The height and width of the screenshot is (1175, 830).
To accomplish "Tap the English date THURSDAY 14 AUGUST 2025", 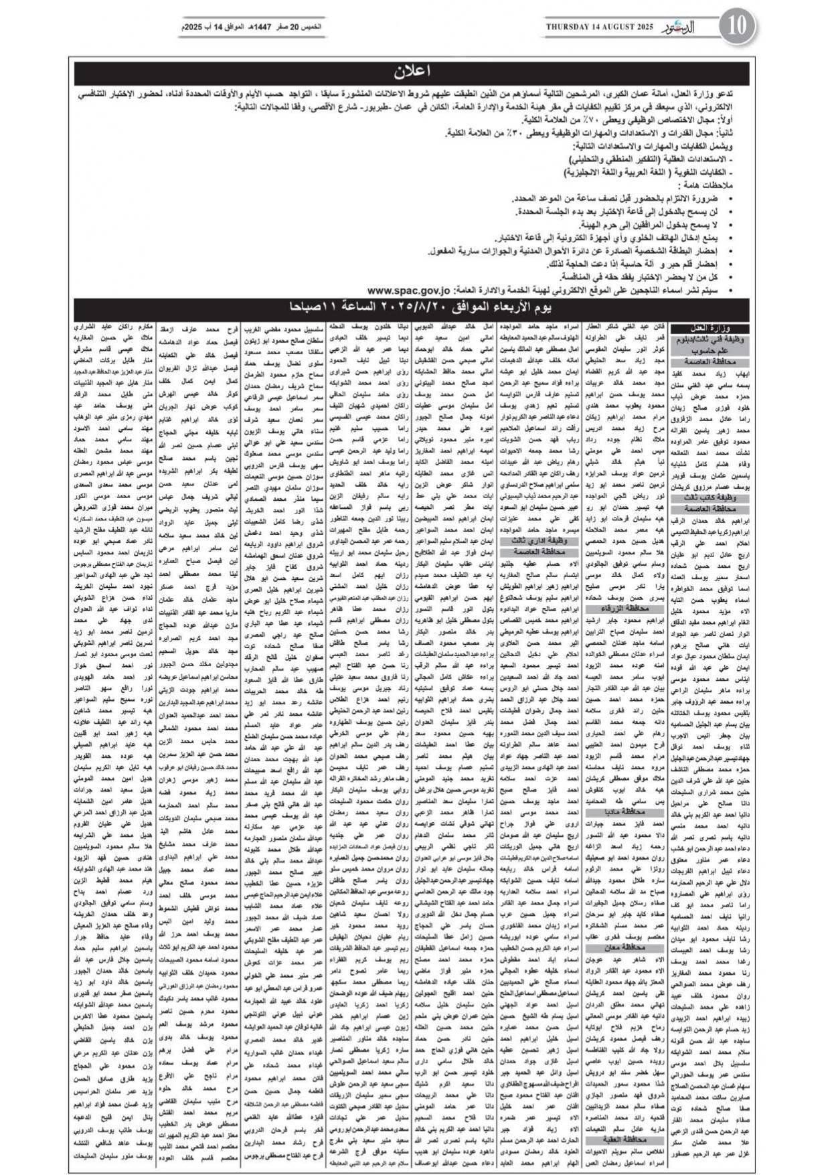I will point(598,27).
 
